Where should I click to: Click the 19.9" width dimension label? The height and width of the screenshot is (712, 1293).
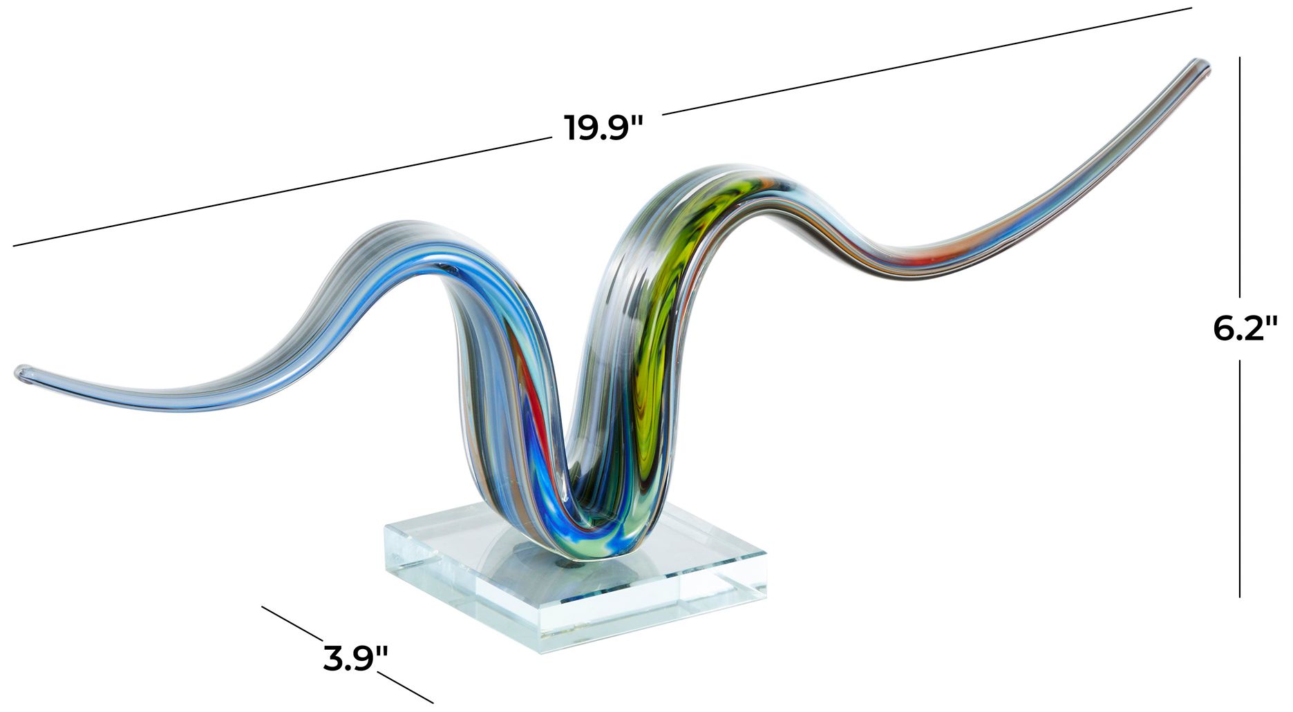click(x=603, y=128)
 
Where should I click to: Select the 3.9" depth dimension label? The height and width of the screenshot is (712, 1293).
click(x=355, y=658)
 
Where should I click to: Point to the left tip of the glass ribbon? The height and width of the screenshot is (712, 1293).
click(x=19, y=373)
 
